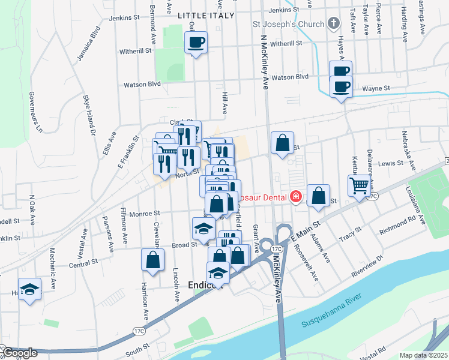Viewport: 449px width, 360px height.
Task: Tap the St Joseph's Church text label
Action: click(x=287, y=25)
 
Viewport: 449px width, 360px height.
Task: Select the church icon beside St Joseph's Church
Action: click(x=334, y=25)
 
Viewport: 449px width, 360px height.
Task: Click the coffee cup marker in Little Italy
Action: click(x=196, y=43)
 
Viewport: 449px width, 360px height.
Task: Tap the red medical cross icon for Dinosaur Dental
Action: click(x=295, y=196)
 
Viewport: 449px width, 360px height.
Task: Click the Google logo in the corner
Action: click(x=19, y=353)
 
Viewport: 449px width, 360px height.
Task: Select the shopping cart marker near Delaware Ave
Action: click(x=359, y=186)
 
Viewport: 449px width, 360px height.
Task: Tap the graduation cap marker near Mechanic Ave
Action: click(x=29, y=290)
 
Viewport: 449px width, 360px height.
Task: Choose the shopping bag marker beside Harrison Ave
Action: click(x=153, y=260)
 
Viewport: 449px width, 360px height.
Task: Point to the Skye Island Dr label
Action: click(x=89, y=115)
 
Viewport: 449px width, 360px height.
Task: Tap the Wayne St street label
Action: click(x=376, y=89)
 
